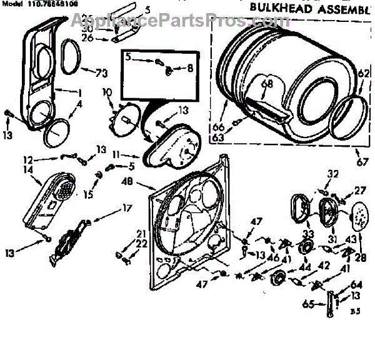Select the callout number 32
[332, 174]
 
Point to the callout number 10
[107, 92]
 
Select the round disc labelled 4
[56, 133]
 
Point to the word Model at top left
[11, 3]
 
